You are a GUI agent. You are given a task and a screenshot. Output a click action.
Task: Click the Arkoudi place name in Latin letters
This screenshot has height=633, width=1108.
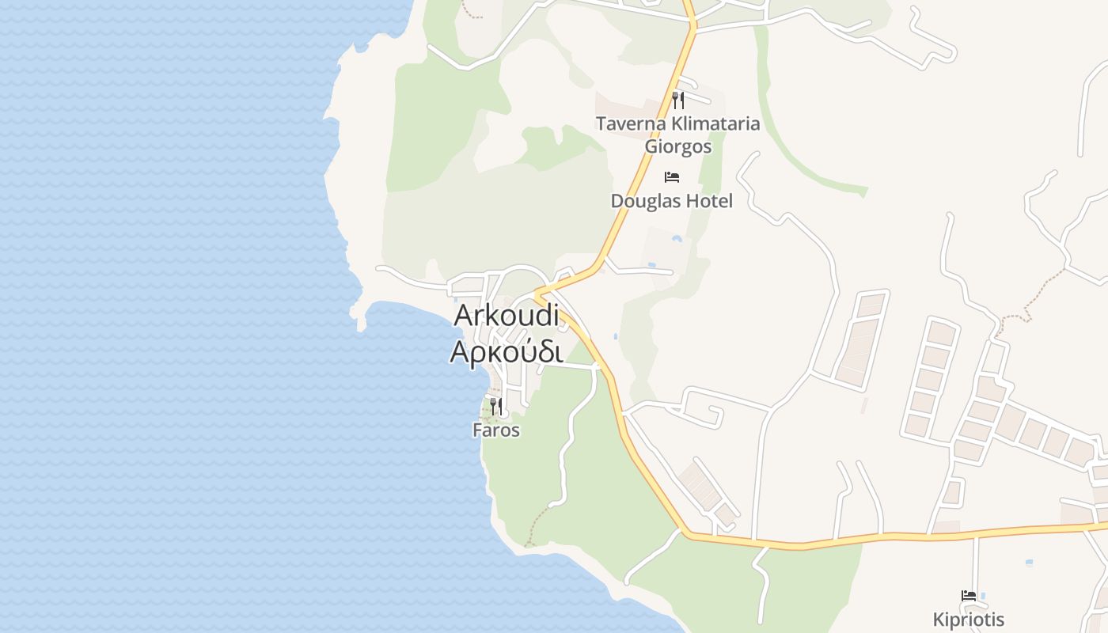[507, 316]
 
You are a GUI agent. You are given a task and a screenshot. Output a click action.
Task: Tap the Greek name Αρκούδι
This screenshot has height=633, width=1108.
[507, 351]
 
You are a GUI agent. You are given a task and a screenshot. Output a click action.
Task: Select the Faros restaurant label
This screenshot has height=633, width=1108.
[496, 430]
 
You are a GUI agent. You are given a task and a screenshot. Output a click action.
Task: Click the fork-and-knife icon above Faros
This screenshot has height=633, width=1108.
[496, 407]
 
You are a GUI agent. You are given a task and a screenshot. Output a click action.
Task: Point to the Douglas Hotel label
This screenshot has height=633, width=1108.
[671, 201]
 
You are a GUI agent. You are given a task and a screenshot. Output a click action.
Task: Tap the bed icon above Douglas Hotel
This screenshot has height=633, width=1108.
[672, 176]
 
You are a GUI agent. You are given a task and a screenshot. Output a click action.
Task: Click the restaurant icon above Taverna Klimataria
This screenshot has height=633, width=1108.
[677, 100]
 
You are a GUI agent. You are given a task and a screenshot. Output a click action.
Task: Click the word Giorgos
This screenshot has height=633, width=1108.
[677, 146]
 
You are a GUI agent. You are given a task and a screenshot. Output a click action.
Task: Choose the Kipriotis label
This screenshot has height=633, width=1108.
[968, 619]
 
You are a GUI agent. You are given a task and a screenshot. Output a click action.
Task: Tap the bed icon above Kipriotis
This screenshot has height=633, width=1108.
[968, 595]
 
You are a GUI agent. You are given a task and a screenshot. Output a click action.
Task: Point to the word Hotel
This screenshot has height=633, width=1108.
[709, 201]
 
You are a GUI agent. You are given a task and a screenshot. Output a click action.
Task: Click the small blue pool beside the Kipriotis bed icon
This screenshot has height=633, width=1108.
[983, 595]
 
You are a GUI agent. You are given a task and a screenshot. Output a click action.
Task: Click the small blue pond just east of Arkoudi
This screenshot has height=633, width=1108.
[615, 335]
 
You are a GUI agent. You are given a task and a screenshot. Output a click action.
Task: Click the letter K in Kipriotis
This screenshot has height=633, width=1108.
[939, 619]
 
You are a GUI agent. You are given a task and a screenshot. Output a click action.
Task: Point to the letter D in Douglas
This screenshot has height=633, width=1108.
[617, 201]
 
